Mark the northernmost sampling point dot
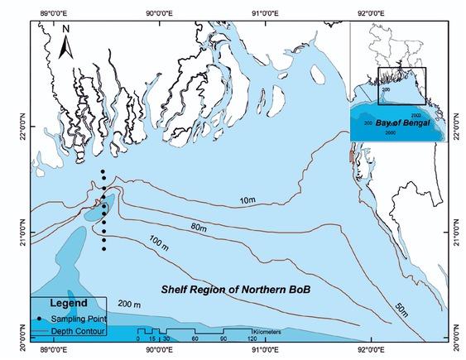tap(102, 171)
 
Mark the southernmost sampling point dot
tap(104, 248)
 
